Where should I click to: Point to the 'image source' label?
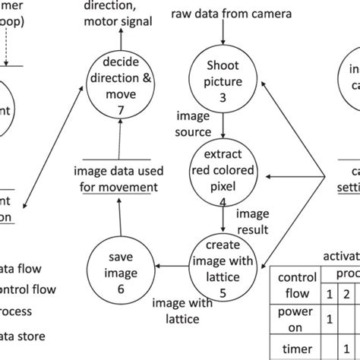(x=194, y=124)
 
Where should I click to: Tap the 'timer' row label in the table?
(x=292, y=353)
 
